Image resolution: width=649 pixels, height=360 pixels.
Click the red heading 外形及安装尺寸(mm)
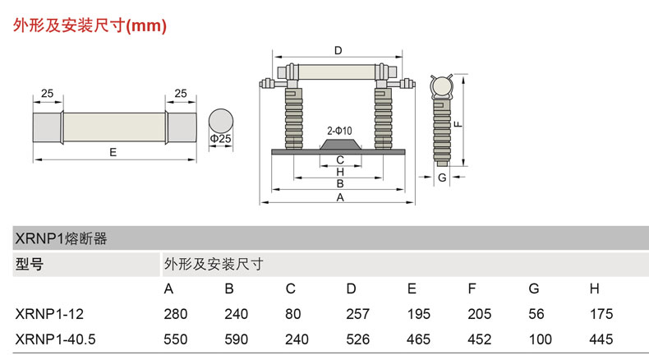coord(90,25)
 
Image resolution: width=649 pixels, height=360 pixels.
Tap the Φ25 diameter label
coord(220,139)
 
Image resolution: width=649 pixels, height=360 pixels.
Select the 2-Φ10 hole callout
coord(339,131)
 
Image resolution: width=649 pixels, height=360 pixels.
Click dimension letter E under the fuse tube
coord(113,153)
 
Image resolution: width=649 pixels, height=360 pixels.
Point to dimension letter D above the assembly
coord(338,51)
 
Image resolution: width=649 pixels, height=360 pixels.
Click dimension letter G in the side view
coord(442,177)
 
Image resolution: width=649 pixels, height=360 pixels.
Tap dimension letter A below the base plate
coord(339,197)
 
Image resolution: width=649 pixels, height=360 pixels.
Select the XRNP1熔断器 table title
coord(62,238)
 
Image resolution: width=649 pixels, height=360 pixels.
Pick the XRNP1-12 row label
coord(50,313)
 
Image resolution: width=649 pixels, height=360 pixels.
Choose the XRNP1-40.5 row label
coord(56,337)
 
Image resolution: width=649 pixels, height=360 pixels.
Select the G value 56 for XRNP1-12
coord(534,313)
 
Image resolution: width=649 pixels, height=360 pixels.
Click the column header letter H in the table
coord(594,288)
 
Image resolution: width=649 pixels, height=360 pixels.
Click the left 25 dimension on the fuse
coord(47,94)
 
